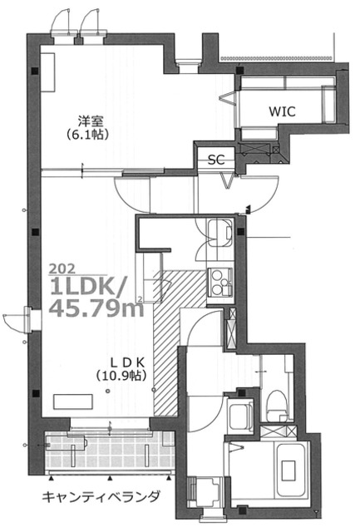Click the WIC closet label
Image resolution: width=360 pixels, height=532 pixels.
(x=283, y=111)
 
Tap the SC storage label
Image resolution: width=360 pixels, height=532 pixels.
(x=216, y=160)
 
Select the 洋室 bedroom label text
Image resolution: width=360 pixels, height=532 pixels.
(x=91, y=121)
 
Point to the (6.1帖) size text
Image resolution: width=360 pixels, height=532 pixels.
(x=88, y=135)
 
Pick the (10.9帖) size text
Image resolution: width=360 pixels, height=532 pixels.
(x=121, y=376)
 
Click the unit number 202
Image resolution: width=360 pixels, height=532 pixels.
(x=62, y=269)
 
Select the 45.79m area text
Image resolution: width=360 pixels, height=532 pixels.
(x=96, y=308)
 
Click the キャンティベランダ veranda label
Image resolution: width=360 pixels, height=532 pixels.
(x=101, y=497)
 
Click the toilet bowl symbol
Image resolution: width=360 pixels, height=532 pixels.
(x=277, y=406)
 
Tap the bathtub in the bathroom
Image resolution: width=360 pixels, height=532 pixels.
(x=292, y=471)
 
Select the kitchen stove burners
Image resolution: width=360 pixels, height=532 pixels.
(x=220, y=286)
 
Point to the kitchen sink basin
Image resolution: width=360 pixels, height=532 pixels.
(x=219, y=233)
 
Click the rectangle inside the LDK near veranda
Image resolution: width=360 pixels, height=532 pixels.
(x=73, y=402)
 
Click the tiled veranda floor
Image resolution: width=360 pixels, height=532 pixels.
(x=111, y=451)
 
